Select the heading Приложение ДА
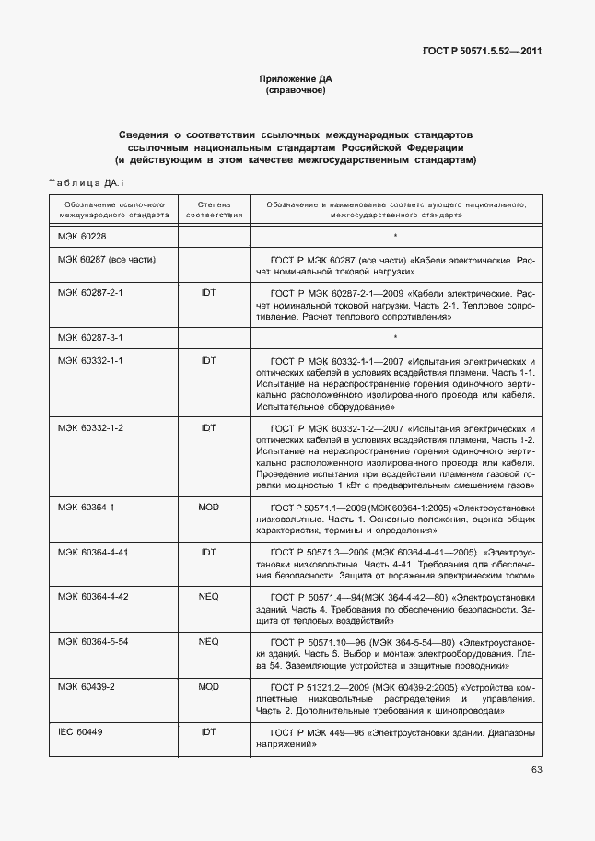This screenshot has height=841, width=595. click(x=296, y=80)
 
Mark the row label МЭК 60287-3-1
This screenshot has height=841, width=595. click(x=90, y=338)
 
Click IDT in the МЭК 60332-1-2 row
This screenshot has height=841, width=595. click(x=208, y=428)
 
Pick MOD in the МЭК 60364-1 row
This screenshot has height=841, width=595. click(x=208, y=507)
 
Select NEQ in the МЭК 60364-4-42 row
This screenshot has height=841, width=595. click(x=208, y=597)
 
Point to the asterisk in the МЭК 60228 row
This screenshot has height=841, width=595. click(x=395, y=237)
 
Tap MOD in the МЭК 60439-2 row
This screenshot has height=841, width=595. click(x=208, y=686)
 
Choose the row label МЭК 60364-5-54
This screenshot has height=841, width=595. click(x=93, y=641)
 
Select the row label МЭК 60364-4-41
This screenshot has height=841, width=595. click(x=93, y=552)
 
